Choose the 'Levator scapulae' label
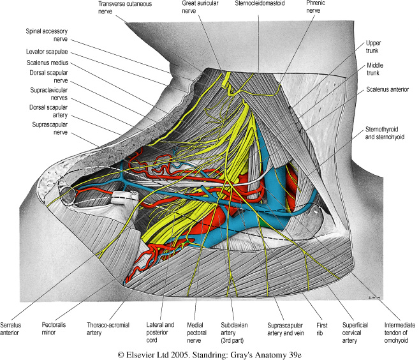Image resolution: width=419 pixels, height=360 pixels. point(48,51)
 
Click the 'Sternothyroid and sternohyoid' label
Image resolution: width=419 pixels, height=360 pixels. point(389,133)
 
